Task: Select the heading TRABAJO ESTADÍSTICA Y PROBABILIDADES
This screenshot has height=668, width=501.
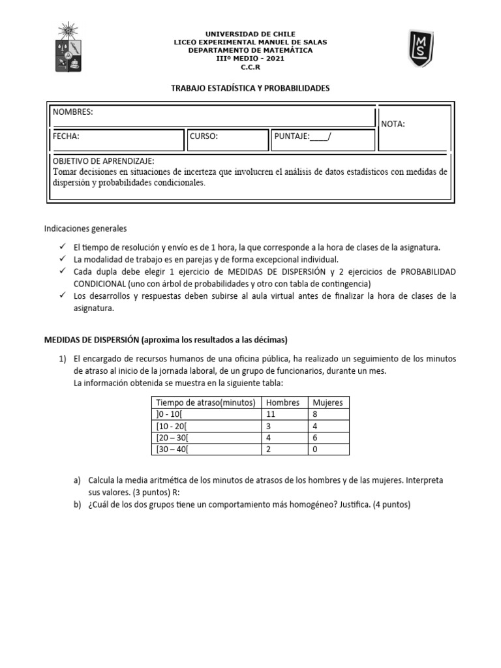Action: click(x=250, y=87)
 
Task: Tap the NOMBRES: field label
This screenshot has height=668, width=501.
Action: click(x=73, y=112)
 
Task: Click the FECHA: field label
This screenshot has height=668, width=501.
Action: click(x=66, y=136)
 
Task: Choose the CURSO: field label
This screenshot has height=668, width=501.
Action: click(x=204, y=136)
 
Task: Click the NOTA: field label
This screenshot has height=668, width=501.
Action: click(x=393, y=124)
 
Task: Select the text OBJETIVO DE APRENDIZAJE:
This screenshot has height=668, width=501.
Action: click(x=104, y=161)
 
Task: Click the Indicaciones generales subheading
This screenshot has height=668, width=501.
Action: click(x=85, y=229)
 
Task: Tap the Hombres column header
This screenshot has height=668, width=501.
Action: click(x=282, y=402)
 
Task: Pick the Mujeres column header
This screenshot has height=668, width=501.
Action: click(x=327, y=402)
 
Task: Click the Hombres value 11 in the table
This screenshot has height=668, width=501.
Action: click(x=272, y=414)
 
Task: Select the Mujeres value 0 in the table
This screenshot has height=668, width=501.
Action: click(x=316, y=449)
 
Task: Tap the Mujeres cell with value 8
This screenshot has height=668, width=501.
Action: click(x=316, y=414)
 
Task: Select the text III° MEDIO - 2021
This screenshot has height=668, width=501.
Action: click(x=250, y=58)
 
